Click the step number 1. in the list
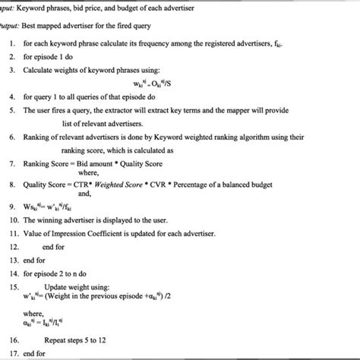14,45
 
